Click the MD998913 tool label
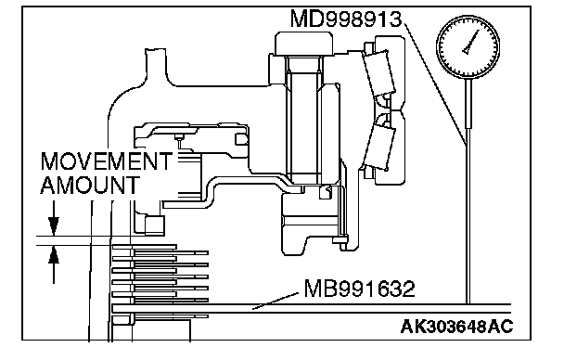click(346, 19)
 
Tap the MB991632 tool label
click(359, 289)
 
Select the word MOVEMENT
click(107, 161)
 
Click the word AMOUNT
click(90, 186)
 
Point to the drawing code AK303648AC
click(456, 327)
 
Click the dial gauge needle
click(471, 42)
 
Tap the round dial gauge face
click(468, 46)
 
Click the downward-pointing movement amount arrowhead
click(54, 226)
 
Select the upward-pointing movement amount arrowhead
click(54, 254)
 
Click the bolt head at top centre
click(303, 44)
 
